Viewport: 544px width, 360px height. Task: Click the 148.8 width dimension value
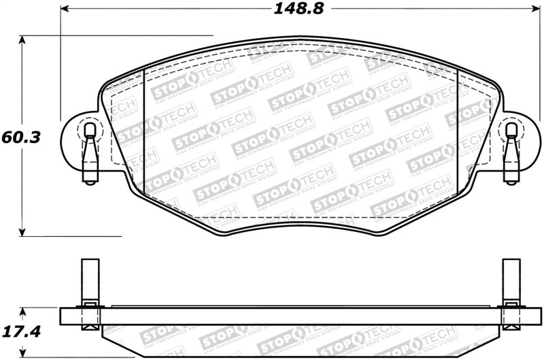click(298, 10)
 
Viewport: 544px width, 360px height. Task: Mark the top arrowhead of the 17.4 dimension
click(23, 311)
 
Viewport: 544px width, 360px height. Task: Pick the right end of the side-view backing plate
click(540, 316)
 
